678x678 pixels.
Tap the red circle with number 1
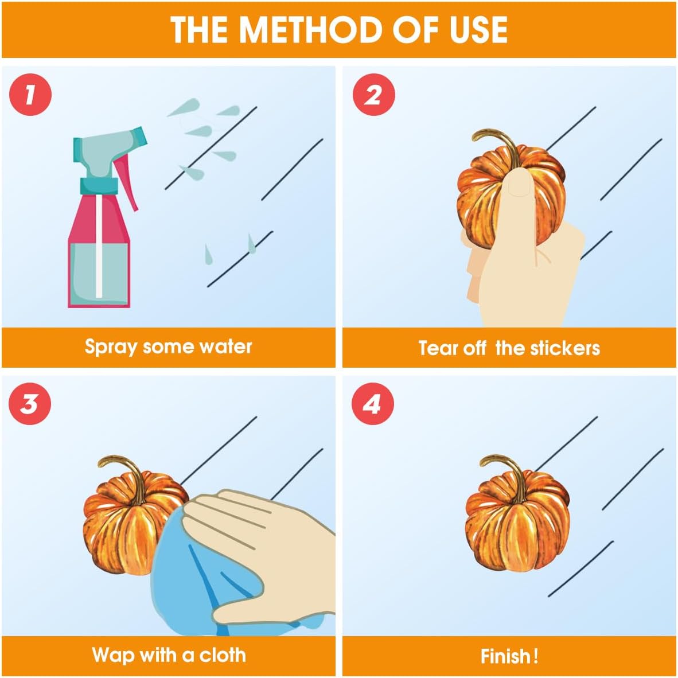30,95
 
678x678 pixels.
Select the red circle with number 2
373,95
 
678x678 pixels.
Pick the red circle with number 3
30,404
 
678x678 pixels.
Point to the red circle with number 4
372,404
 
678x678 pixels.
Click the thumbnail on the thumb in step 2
519,184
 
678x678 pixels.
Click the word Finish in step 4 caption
506,656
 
